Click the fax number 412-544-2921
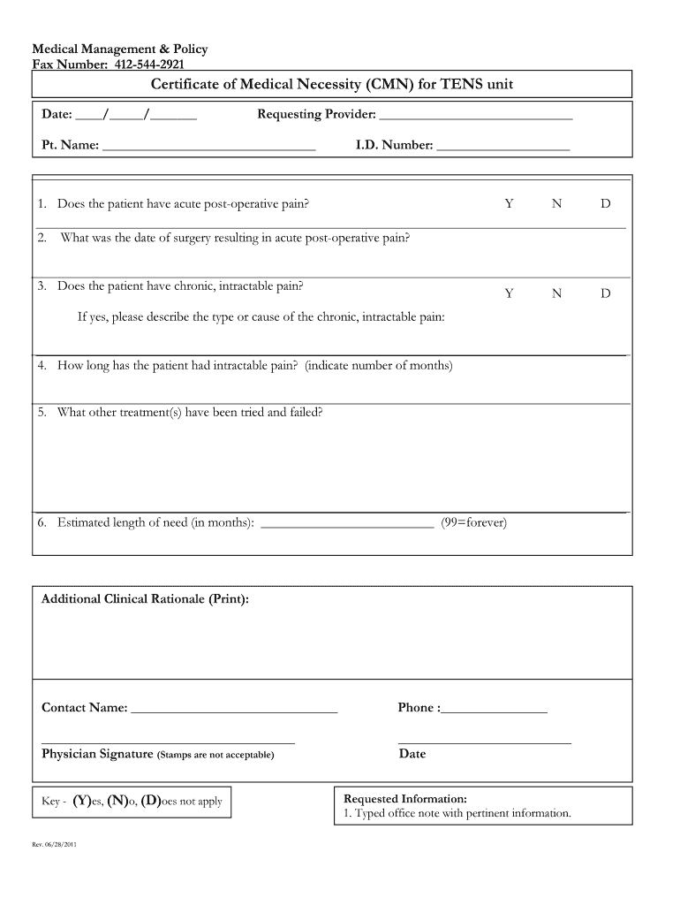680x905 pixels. coord(150,64)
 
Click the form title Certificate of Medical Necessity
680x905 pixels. coord(331,85)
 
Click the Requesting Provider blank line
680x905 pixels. coord(475,117)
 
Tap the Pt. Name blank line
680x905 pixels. coord(208,147)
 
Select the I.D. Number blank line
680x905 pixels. coord(502,147)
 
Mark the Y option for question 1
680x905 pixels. coord(509,204)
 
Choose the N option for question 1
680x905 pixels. coord(556,204)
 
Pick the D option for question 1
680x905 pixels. coord(605,204)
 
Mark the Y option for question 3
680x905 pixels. coord(509,293)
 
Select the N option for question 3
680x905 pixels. coord(556,293)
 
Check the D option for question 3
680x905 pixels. coord(605,293)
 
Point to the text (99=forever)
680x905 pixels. coord(473,522)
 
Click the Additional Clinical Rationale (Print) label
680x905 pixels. coord(145,599)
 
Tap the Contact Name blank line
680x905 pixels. coord(233,710)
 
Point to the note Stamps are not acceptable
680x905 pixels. coord(215,756)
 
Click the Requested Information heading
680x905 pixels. coord(404,798)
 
